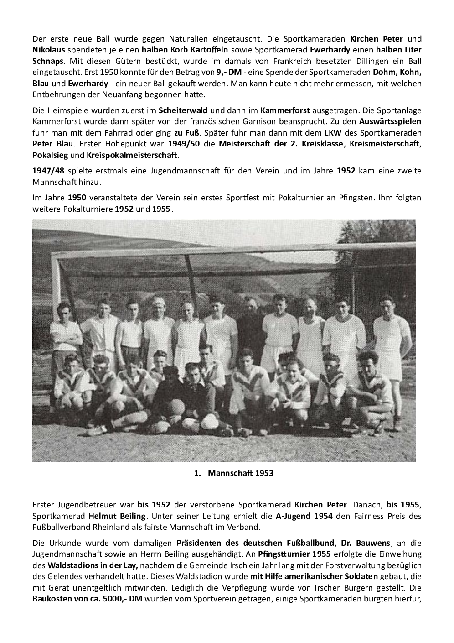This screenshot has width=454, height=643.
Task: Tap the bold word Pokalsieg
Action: [x=50, y=155]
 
